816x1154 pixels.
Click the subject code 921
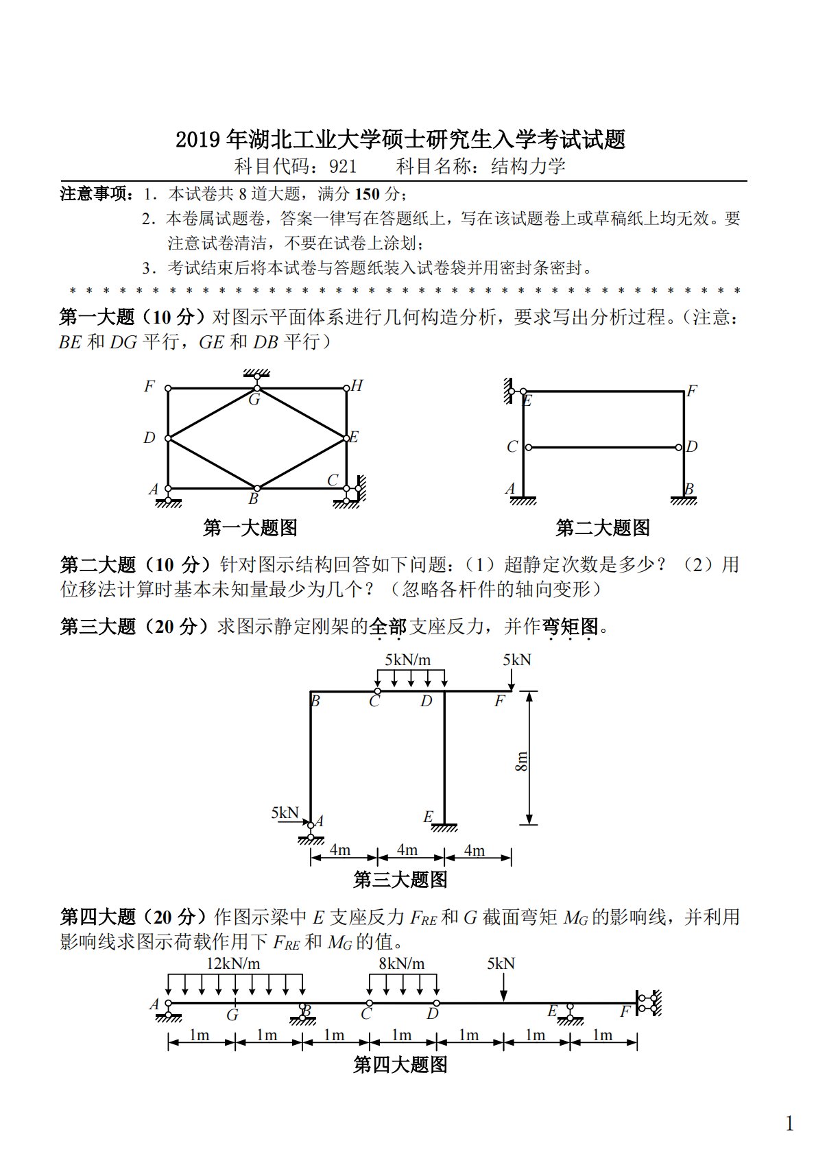click(x=343, y=167)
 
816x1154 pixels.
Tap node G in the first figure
click(x=255, y=389)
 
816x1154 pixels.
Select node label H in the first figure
click(x=357, y=386)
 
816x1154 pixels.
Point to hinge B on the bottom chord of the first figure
click(x=255, y=489)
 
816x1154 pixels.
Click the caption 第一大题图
click(x=250, y=528)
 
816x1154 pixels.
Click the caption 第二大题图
click(x=603, y=528)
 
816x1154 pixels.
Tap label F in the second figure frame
click(x=691, y=392)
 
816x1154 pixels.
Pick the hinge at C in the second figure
click(x=528, y=448)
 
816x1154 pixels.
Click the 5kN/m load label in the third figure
click(x=407, y=660)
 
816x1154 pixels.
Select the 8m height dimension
click(x=521, y=761)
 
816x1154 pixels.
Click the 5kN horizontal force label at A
click(x=285, y=813)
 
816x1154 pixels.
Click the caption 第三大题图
click(x=400, y=880)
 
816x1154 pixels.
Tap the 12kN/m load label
click(x=233, y=963)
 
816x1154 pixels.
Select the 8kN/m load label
click(x=401, y=963)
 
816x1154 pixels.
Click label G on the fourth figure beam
click(x=233, y=1015)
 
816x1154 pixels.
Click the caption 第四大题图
click(x=400, y=1065)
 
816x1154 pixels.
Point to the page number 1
click(x=789, y=1124)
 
